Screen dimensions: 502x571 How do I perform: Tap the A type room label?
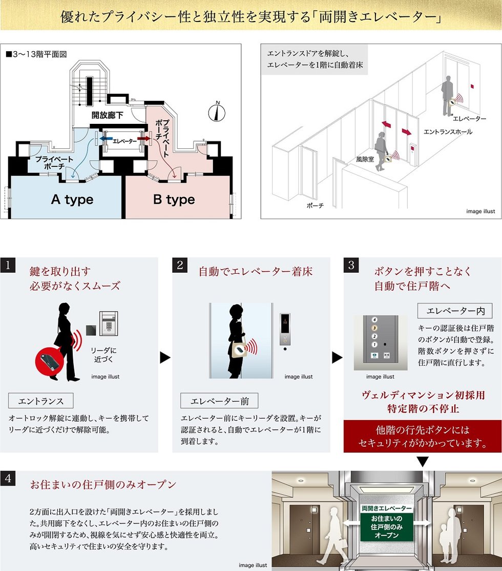(72, 200)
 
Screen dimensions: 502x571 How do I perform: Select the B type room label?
(174, 200)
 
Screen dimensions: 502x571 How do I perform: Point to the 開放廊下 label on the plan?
(107, 115)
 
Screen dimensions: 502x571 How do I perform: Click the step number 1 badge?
(8, 265)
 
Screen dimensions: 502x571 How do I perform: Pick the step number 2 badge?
(180, 265)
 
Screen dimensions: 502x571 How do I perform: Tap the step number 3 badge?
(351, 265)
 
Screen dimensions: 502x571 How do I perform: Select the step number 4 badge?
(8, 478)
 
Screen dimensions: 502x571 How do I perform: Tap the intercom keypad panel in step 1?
(109, 323)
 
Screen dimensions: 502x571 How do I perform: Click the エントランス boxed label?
(41, 401)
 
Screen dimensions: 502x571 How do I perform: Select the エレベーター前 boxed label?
(219, 401)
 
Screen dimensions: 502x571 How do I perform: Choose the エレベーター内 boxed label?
(455, 311)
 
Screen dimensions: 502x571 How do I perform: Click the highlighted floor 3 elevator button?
(374, 328)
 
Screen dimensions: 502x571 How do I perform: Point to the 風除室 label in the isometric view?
(365, 159)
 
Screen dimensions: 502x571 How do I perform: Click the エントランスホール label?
(448, 132)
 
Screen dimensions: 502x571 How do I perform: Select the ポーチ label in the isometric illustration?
(315, 205)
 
